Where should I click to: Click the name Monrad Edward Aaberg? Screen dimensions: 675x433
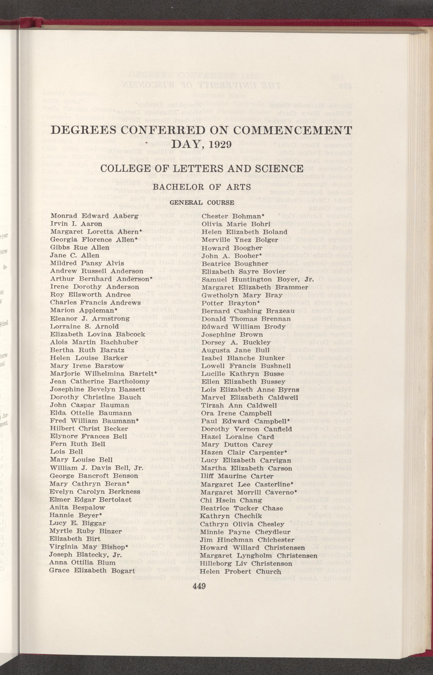(x=94, y=216)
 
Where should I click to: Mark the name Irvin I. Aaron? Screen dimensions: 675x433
(x=76, y=224)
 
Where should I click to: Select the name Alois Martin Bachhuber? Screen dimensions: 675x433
(x=94, y=342)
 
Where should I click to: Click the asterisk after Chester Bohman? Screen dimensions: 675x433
(x=263, y=215)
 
